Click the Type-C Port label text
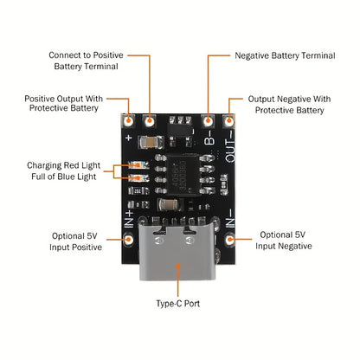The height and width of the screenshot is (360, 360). pos(178,304)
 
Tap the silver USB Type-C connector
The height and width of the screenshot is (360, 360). pos(177,251)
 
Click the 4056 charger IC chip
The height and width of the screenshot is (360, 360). pos(183,175)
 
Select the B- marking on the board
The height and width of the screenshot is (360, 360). pos(209,138)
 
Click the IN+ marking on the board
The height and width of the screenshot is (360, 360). pos(129,219)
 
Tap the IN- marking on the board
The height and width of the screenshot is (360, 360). pos(230,218)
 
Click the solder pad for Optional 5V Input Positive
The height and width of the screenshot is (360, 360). pos(128,239)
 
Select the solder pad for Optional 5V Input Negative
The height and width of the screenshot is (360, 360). pos(230,239)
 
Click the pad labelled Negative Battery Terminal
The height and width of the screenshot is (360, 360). pos(208,121)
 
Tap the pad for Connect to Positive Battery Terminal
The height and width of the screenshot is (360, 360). pos(149,121)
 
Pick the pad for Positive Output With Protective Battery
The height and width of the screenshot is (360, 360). pos(128,121)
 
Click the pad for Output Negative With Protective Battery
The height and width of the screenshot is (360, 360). pos(228,121)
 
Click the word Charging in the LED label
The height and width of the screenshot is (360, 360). pos(44,165)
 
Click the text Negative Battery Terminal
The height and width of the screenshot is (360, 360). pos(285,55)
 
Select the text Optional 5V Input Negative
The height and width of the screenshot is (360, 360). pos(283,241)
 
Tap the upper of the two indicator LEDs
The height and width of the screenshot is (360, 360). pos(138,165)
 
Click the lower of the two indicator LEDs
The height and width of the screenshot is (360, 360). pos(138,178)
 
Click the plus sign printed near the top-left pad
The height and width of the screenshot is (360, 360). pos(129,138)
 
